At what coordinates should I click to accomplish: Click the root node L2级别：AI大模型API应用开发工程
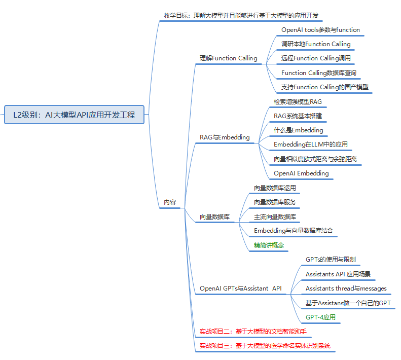[74, 115]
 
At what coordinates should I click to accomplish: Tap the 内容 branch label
[170, 202]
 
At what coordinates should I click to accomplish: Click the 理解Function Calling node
[228, 58]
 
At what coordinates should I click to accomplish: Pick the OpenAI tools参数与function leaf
[320, 29]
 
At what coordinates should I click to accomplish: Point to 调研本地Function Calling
[316, 44]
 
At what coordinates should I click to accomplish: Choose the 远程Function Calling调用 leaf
[316, 58]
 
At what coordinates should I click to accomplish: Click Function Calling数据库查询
[318, 73]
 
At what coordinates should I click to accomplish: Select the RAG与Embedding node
[225, 137]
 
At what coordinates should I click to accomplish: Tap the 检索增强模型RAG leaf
[298, 101]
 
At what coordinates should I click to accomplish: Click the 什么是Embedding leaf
[298, 130]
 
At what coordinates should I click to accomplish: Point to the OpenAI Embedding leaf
[301, 173]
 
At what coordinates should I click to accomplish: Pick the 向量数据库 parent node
[214, 217]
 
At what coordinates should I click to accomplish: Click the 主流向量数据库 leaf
[275, 217]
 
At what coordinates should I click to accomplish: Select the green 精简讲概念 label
[269, 245]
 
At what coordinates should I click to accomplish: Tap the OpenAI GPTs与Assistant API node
[240, 289]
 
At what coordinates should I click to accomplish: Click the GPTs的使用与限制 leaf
[331, 260]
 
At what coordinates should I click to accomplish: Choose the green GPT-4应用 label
[320, 317]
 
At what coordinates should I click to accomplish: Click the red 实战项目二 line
[252, 332]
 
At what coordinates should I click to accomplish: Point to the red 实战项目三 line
[265, 346]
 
